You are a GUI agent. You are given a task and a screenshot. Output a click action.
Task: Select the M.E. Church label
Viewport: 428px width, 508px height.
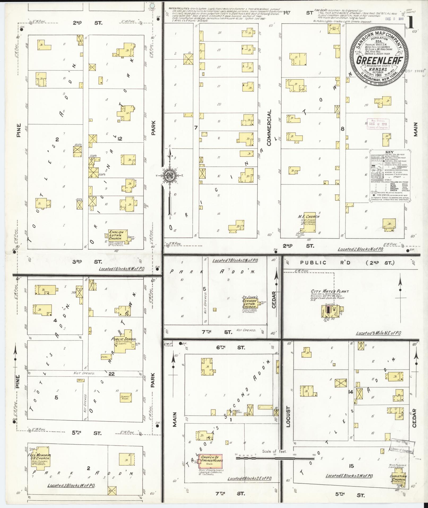pos(309,216)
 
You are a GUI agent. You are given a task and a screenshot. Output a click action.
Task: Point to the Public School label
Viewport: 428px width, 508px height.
pos(124,339)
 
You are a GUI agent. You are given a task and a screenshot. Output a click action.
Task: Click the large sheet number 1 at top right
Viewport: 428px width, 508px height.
pos(411,24)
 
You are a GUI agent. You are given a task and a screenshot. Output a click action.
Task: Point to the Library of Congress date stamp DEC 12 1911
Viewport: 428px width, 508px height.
pos(378,124)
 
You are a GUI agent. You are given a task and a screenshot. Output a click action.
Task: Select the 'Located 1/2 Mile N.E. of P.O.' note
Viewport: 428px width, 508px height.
pos(378,333)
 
